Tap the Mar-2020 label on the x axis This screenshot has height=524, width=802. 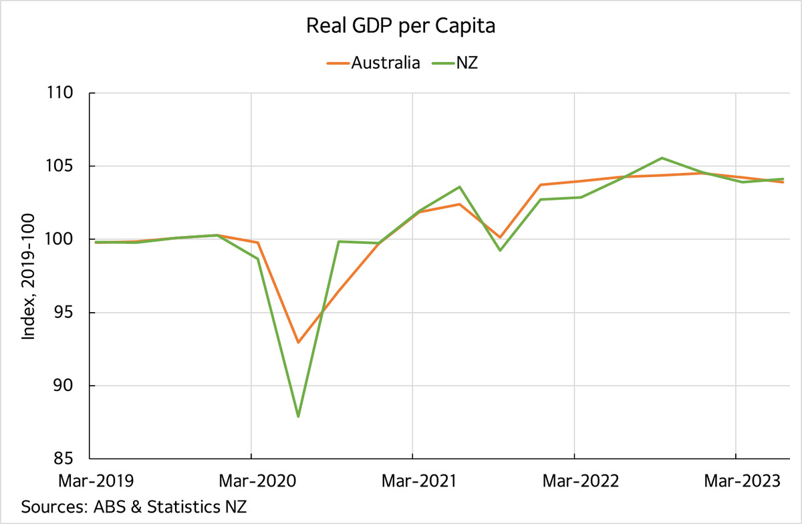point(251,481)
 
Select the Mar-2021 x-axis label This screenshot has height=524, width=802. point(412,481)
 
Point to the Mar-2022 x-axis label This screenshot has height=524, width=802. point(574,481)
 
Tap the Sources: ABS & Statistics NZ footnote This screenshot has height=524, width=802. point(134,506)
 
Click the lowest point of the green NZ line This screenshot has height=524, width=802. point(298,416)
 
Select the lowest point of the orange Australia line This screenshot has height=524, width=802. point(298,342)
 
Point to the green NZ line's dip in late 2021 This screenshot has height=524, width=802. point(500,251)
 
